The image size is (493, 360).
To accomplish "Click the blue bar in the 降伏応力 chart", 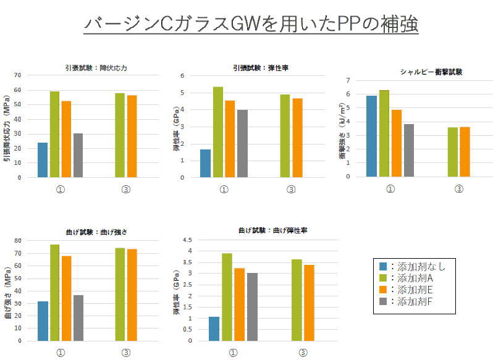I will coord(42,160).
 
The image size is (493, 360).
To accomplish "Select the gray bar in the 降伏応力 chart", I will coord(78,156).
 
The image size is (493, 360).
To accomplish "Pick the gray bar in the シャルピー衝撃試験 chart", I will coord(408,150).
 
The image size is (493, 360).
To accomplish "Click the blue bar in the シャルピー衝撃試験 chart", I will coord(372,136).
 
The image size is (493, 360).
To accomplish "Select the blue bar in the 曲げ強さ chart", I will coord(42,320).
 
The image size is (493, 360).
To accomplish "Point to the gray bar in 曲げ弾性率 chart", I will coord(251,307).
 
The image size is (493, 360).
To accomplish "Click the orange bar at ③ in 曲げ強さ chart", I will coord(132,295).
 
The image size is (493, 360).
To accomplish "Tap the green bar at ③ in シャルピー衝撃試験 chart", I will coord(452,152).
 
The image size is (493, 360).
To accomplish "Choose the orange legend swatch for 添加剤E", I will coord(384,290).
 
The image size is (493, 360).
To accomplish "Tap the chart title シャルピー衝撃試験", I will coord(431,72).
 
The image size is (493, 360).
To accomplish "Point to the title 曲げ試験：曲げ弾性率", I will coord(273,230).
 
